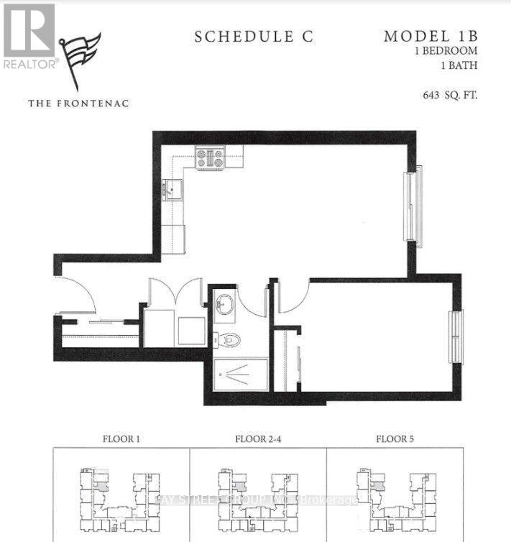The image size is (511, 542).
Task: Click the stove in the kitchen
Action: click(x=210, y=157)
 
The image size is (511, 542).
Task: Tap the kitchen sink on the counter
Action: click(x=173, y=190)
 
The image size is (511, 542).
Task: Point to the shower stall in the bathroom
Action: click(x=240, y=375)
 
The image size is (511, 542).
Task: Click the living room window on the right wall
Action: click(x=413, y=207)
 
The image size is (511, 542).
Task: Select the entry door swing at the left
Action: click(x=75, y=295)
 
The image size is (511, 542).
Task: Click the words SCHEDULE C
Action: click(x=254, y=37)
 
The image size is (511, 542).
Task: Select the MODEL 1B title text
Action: click(x=431, y=36)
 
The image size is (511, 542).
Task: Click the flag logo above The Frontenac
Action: click(x=80, y=59)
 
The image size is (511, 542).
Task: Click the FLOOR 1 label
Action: click(x=121, y=438)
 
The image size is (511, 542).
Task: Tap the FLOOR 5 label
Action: click(x=395, y=438)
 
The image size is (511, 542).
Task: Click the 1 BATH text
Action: click(x=459, y=66)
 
